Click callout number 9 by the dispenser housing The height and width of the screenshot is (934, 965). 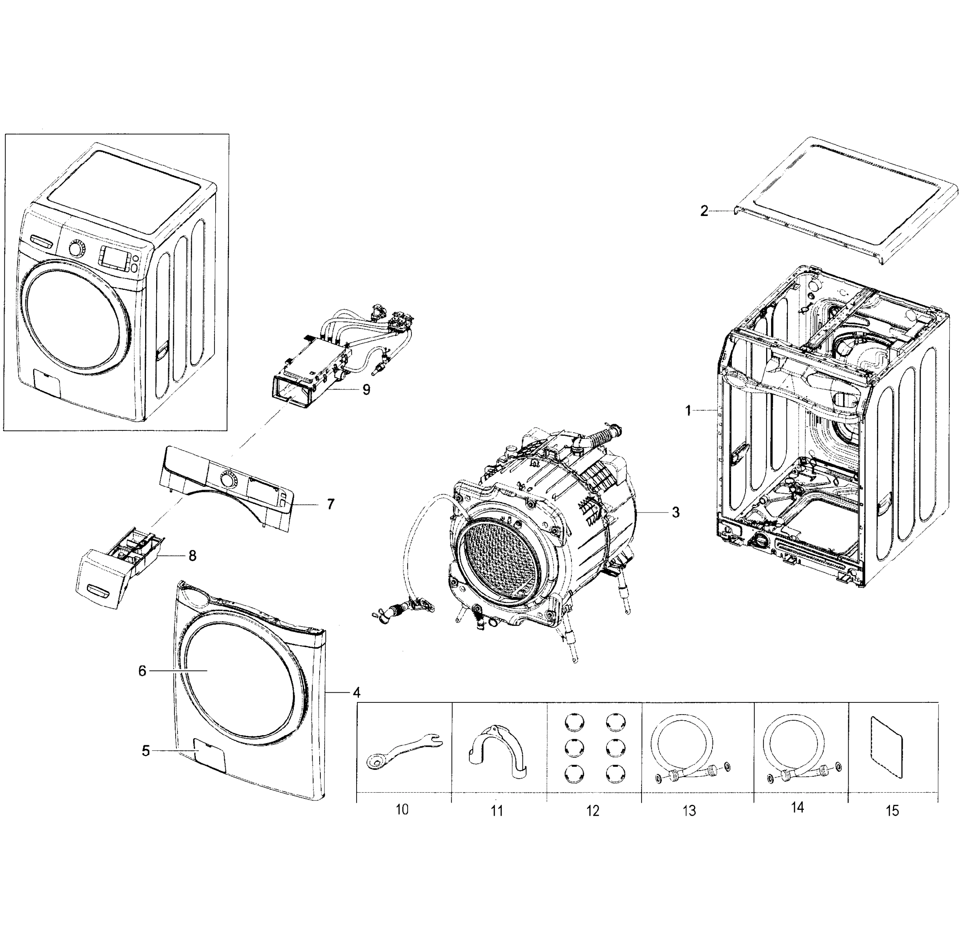[x=366, y=389]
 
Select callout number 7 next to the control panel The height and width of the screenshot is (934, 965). [x=330, y=504]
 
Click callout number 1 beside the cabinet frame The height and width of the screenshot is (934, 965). [x=688, y=411]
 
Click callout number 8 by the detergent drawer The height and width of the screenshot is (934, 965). [x=192, y=556]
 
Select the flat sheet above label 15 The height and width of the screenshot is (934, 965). [x=886, y=753]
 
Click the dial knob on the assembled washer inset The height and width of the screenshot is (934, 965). [x=76, y=249]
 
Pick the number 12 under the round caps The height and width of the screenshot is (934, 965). [x=593, y=811]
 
